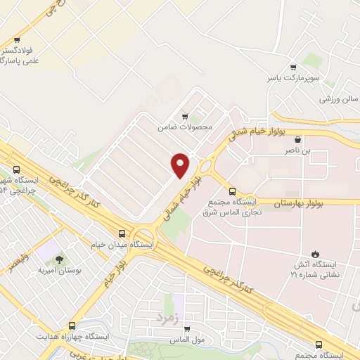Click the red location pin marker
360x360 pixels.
point(180,165)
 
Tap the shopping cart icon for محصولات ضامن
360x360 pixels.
point(185,116)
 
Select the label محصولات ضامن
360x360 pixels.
point(185,127)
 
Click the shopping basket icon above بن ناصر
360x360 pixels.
point(298,140)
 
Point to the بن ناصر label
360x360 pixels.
point(298,150)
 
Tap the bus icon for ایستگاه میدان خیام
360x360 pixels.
point(123,233)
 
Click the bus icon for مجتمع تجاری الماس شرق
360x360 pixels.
point(233,191)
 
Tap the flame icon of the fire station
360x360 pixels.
point(314,254)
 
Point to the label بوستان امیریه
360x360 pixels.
point(68,270)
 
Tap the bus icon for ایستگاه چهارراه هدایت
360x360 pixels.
point(72,326)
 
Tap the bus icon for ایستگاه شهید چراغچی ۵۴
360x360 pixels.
point(16,169)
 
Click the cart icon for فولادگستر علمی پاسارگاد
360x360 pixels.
point(17,40)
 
